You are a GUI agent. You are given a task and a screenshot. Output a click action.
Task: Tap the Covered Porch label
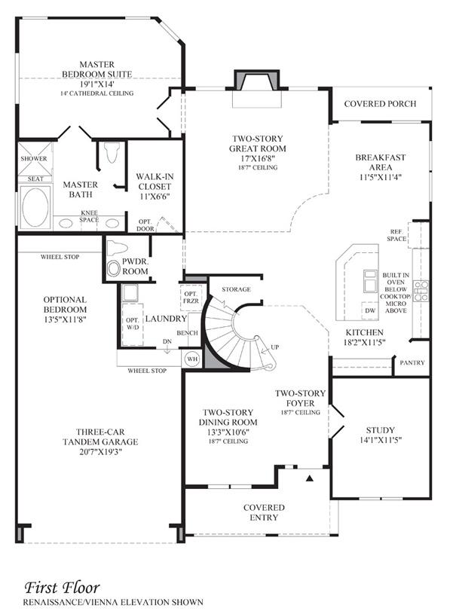[x=380, y=103]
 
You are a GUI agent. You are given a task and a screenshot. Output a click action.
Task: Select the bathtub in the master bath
[x=33, y=203]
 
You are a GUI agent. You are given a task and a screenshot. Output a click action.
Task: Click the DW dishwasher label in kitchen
[x=369, y=310]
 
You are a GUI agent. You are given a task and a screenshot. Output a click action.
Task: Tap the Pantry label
[x=412, y=362]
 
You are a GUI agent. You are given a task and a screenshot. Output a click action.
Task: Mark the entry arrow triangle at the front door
[x=310, y=478]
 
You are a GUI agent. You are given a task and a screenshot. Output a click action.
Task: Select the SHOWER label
[x=34, y=159]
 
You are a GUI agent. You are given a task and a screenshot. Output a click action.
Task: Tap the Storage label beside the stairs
[x=236, y=289]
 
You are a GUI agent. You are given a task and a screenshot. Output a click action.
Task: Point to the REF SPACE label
[x=396, y=235]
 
